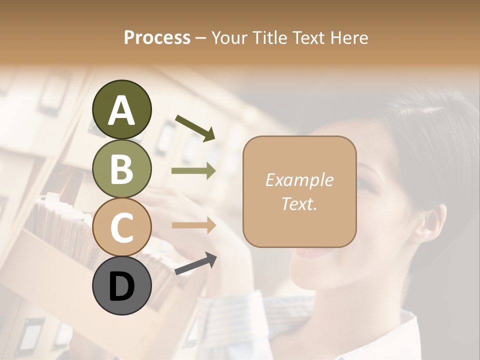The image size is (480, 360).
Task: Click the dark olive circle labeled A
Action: (121, 110)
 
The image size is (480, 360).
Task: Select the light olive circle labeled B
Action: (121, 168)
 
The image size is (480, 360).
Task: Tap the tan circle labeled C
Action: (121, 227)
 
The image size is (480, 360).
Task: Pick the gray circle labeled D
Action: (121, 286)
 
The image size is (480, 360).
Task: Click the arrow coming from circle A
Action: (195, 127)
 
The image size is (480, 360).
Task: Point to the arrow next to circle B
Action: (193, 171)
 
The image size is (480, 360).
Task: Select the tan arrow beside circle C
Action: (193, 225)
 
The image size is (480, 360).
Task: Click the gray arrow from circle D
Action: (195, 264)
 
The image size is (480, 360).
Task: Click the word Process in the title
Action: (157, 38)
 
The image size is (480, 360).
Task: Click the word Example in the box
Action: (299, 180)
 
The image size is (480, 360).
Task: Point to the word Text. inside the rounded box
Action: (299, 203)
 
